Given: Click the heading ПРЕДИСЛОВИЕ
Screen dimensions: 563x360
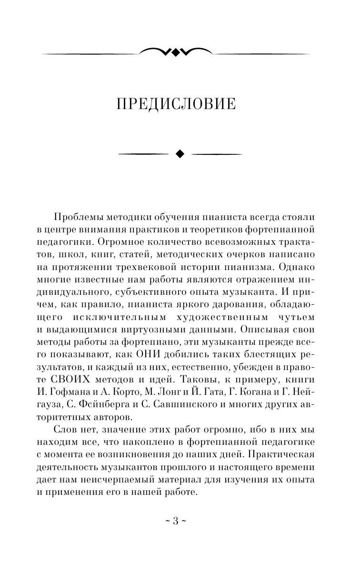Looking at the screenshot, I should (x=176, y=104).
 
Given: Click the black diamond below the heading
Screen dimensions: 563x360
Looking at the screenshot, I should (x=180, y=153).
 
